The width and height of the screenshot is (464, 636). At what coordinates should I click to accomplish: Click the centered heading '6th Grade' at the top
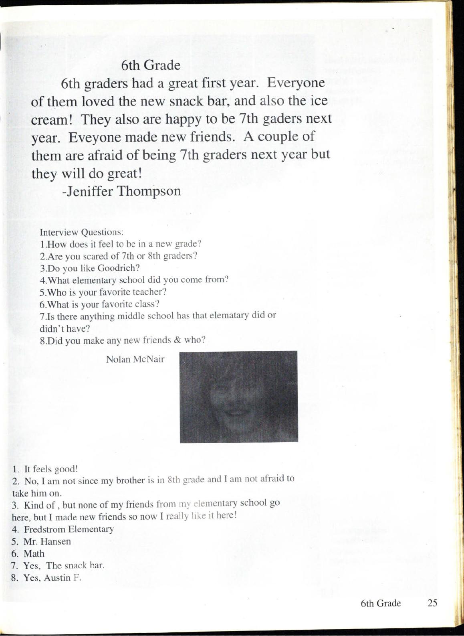coord(151,65)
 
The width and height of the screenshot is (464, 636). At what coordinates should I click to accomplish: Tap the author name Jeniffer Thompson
coord(122,191)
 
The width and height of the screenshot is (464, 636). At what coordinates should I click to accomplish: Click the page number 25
coord(432,603)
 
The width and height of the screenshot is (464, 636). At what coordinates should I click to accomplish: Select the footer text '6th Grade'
coord(381,603)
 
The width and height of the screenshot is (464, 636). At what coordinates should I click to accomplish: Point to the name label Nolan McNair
coord(135,359)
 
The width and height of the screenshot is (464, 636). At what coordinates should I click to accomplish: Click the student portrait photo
coord(238,397)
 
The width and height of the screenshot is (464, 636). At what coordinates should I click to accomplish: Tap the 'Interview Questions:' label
coord(81,232)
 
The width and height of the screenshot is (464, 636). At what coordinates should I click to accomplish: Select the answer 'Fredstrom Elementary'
coord(69,529)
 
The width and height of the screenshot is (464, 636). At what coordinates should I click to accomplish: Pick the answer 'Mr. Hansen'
coord(47,541)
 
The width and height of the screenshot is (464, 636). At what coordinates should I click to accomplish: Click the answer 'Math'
coord(34,554)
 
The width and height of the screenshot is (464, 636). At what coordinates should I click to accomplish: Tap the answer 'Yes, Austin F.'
coord(52,578)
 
